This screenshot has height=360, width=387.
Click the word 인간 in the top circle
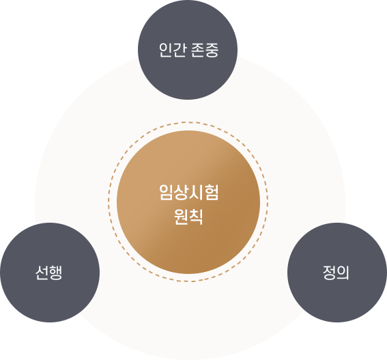173,50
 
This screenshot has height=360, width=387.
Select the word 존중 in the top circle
205,50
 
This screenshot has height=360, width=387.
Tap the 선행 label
48,273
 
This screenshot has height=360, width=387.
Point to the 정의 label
336,273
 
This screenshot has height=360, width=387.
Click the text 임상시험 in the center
188,192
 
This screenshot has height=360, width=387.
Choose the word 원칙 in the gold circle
188,217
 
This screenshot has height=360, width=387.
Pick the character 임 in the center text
166,192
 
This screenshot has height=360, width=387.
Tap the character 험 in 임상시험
212,192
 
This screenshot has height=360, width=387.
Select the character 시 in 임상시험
196,192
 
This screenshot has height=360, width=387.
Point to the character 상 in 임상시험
181,192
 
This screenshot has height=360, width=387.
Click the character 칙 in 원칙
196,217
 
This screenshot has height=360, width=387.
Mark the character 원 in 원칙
181,217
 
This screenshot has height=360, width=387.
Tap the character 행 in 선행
55,273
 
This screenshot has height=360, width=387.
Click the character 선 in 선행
42,273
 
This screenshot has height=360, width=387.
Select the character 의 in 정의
343,273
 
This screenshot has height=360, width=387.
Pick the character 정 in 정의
329,273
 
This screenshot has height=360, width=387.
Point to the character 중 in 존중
212,50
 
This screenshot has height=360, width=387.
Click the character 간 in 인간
180,50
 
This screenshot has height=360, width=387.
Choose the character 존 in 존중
198,50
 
